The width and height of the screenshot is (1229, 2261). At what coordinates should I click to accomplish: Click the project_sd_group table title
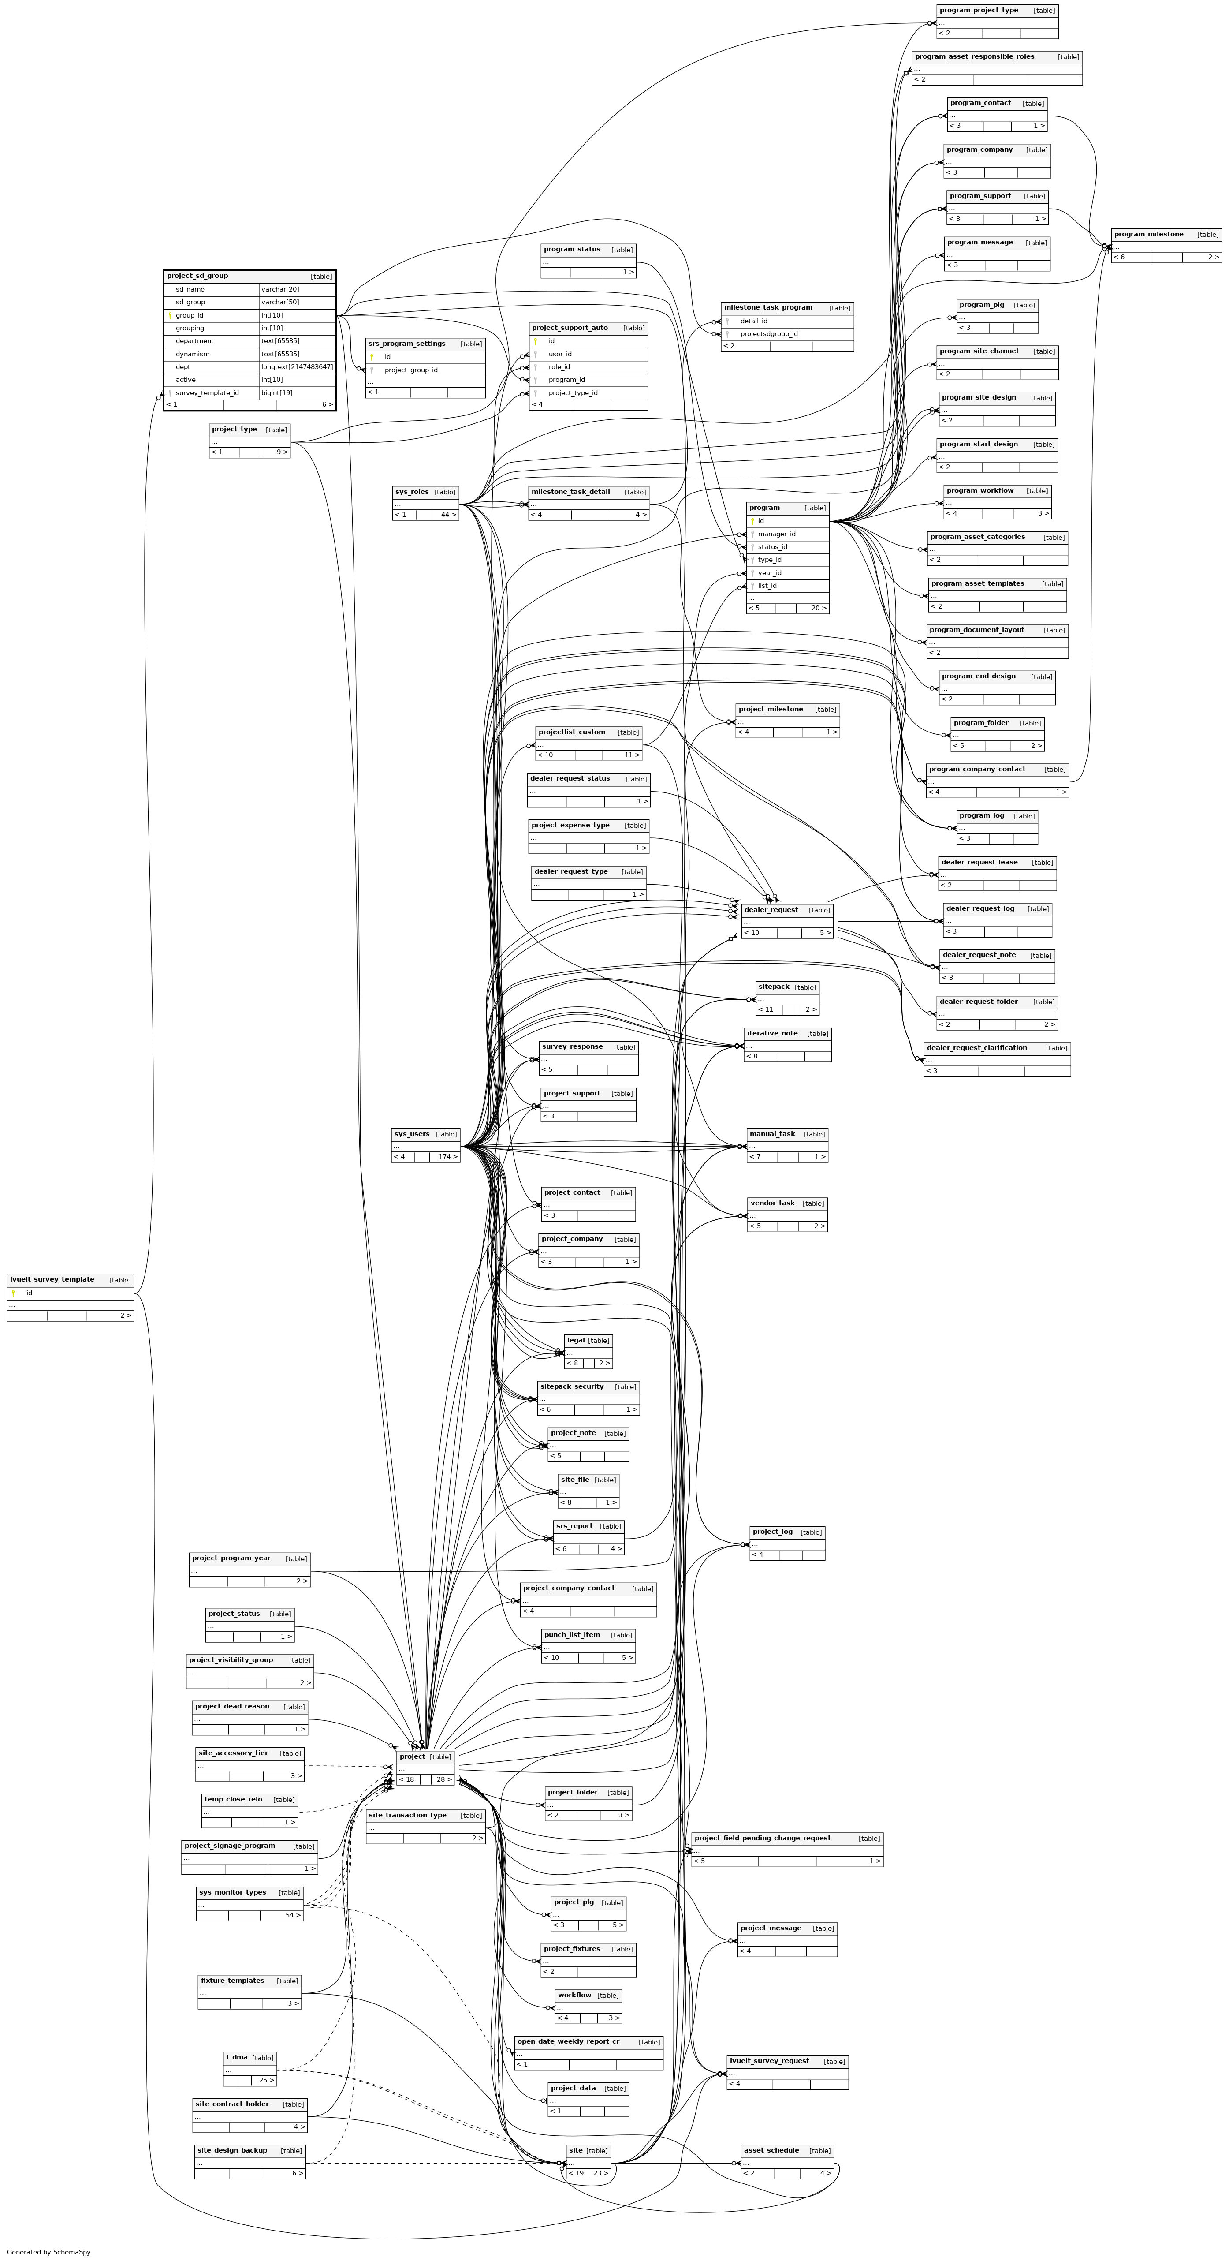[x=197, y=276]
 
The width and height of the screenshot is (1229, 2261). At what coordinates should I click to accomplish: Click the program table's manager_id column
[x=776, y=534]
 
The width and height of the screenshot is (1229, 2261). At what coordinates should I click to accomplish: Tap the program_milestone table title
[x=1148, y=234]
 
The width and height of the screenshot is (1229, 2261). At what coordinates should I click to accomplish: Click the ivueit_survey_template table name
[x=52, y=1280]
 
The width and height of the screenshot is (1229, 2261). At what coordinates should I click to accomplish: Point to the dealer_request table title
[x=770, y=910]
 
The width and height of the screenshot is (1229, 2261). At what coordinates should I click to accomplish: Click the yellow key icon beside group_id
[x=170, y=315]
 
